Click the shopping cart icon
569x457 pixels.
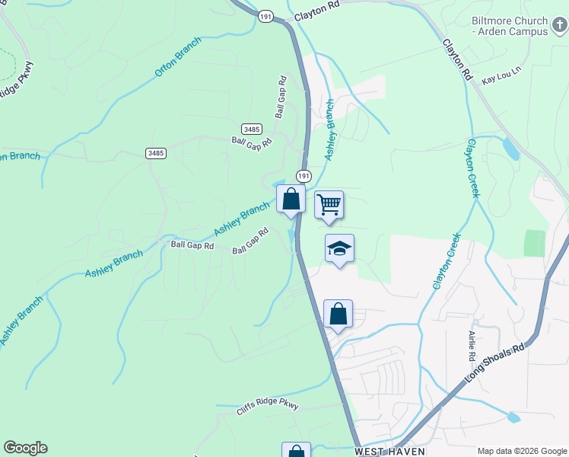pos(329,204)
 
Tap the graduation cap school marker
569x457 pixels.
pos(340,248)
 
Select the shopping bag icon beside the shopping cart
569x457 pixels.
pos(291,200)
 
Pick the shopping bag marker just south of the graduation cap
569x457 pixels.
pos(338,313)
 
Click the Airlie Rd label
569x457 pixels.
pos(472,346)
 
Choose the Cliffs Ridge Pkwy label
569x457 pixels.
pos(267,407)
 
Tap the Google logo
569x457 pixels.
pos(25,448)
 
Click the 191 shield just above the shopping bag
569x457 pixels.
pos(304,176)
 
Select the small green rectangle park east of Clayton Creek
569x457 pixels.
pos(535,243)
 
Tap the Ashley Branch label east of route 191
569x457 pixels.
pos(330,129)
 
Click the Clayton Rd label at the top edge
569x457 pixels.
pos(316,6)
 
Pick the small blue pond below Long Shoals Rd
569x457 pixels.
pos(513,417)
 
